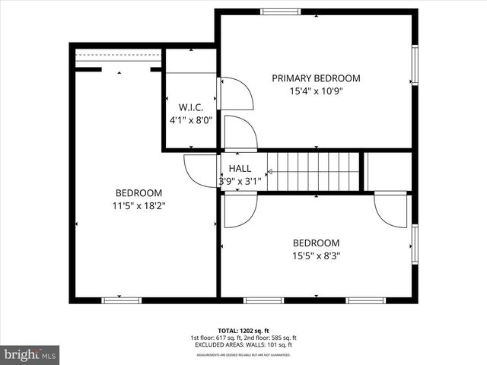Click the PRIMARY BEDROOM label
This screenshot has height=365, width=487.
[x=316, y=78]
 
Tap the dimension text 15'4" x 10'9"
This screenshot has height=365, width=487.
[x=316, y=91]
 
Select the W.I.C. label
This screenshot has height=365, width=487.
[x=190, y=106]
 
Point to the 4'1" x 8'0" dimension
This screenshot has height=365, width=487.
[x=190, y=119]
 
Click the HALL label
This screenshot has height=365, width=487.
[x=240, y=168]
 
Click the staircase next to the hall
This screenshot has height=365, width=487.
[x=314, y=171]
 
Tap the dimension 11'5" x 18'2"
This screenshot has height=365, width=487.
[x=139, y=205]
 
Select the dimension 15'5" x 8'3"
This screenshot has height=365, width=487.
[x=316, y=256]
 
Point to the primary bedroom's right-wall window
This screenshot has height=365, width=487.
[x=415, y=65]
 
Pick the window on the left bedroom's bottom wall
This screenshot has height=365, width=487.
[x=122, y=300]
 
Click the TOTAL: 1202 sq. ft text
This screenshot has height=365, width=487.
[x=243, y=331]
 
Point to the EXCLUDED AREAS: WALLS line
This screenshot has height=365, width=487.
[x=243, y=344]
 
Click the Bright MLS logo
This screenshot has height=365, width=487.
[x=30, y=354]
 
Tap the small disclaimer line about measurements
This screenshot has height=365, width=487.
[x=243, y=354]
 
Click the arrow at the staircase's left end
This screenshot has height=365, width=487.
[x=269, y=172]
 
